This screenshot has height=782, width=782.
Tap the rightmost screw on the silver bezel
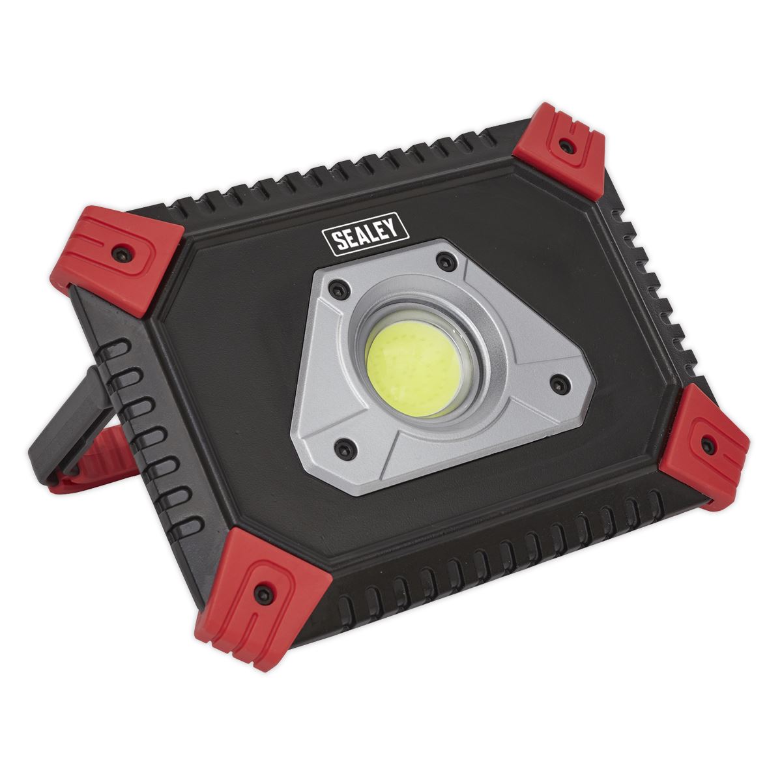tap(557, 384)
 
